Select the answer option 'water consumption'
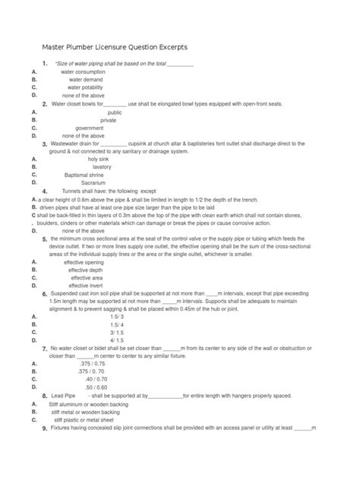(84, 71)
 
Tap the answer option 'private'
(109, 120)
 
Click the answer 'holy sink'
(99, 159)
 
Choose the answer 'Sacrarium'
(94, 183)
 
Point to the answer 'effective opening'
(84, 262)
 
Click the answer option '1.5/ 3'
(116, 317)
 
